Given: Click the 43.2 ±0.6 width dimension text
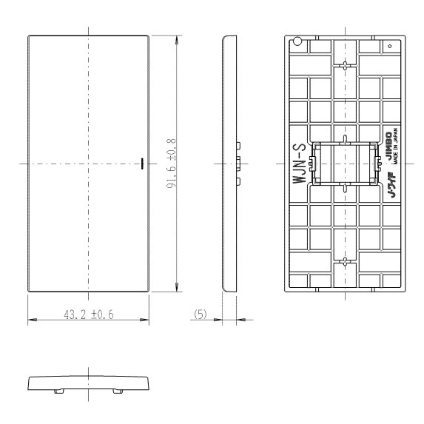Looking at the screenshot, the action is [x=89, y=314].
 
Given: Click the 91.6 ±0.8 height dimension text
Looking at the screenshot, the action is [x=171, y=164].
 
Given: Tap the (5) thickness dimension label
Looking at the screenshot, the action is [x=201, y=314].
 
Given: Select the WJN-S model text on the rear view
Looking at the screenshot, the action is [x=300, y=164].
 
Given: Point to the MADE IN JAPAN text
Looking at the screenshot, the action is [x=396, y=146].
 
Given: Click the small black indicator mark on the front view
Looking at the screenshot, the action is [x=142, y=164].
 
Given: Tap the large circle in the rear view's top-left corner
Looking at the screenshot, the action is [x=297, y=41].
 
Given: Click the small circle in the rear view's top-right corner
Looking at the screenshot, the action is [x=390, y=46].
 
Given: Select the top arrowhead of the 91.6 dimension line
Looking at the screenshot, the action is [x=177, y=40].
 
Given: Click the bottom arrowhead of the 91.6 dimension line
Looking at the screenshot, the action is [x=177, y=287].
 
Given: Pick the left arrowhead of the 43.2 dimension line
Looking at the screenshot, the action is [x=32, y=320].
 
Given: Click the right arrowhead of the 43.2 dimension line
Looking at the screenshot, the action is [x=145, y=320].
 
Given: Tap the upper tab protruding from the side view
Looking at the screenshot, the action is [x=238, y=146].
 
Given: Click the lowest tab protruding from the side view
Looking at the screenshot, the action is [x=238, y=181].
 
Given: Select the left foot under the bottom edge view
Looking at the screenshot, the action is [x=59, y=391].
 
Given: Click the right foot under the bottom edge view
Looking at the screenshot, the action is [x=118, y=391].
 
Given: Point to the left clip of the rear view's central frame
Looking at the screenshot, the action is [x=312, y=164].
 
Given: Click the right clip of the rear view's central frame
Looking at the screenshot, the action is [x=377, y=164].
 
